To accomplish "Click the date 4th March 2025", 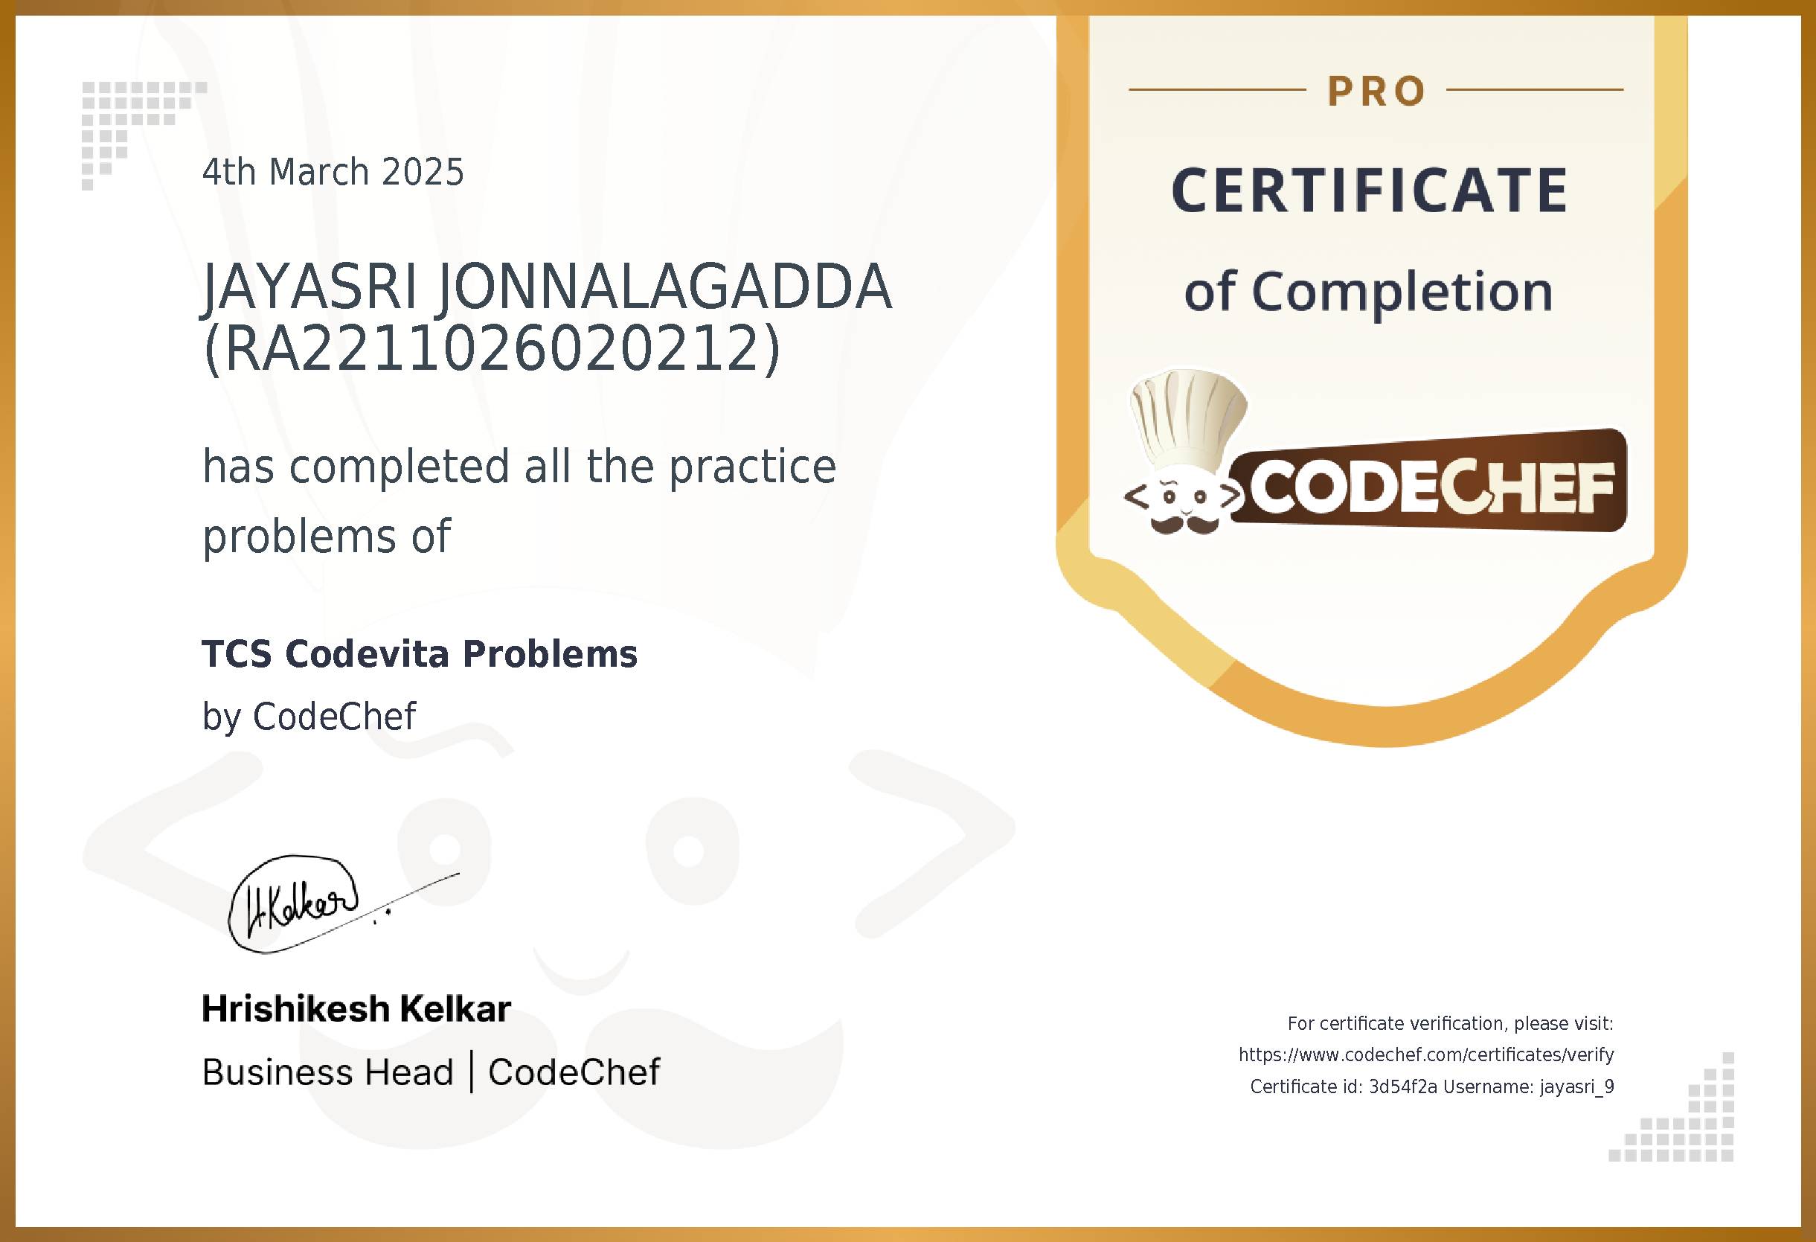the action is pyautogui.click(x=333, y=172).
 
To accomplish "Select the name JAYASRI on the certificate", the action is pyautogui.click(x=309, y=287).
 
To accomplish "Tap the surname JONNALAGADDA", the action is pyautogui.click(x=664, y=287).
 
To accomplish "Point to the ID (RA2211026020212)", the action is pyautogui.click(x=492, y=348).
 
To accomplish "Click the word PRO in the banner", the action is pyautogui.click(x=1377, y=92).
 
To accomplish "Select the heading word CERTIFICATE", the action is pyautogui.click(x=1370, y=191).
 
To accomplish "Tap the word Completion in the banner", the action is pyautogui.click(x=1402, y=292).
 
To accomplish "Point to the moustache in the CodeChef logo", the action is pyautogui.click(x=1184, y=525).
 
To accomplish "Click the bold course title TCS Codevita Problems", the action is pyautogui.click(x=420, y=654).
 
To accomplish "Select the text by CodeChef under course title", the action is pyautogui.click(x=309, y=717).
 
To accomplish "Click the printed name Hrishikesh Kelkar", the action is pyautogui.click(x=356, y=1009).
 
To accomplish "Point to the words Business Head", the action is pyautogui.click(x=327, y=1072).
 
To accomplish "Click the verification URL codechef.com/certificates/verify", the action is pyautogui.click(x=1426, y=1055).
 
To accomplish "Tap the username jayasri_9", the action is pyautogui.click(x=1577, y=1087).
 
